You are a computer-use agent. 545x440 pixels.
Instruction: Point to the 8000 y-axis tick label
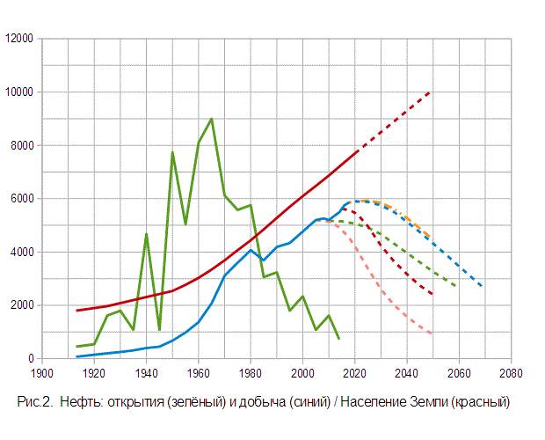20,146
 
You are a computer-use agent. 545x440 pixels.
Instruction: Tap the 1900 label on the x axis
41,372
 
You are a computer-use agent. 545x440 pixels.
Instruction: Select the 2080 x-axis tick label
510,372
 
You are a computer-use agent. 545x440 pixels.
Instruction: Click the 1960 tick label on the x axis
198,372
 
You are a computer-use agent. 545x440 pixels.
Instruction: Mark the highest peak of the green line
211,119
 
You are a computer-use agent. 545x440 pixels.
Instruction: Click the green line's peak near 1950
172,152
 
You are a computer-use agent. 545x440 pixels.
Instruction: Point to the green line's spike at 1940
146,233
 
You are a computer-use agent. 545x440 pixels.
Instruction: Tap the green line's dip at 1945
159,329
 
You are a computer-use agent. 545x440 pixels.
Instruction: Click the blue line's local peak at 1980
251,250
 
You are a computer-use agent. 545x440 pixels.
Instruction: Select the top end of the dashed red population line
431,92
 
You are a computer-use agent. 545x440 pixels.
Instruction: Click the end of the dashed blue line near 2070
483,287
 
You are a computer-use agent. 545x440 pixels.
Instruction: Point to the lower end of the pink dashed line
432,334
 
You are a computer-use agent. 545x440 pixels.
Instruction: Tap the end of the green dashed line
456,287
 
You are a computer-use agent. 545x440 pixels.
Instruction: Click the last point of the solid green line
339,338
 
